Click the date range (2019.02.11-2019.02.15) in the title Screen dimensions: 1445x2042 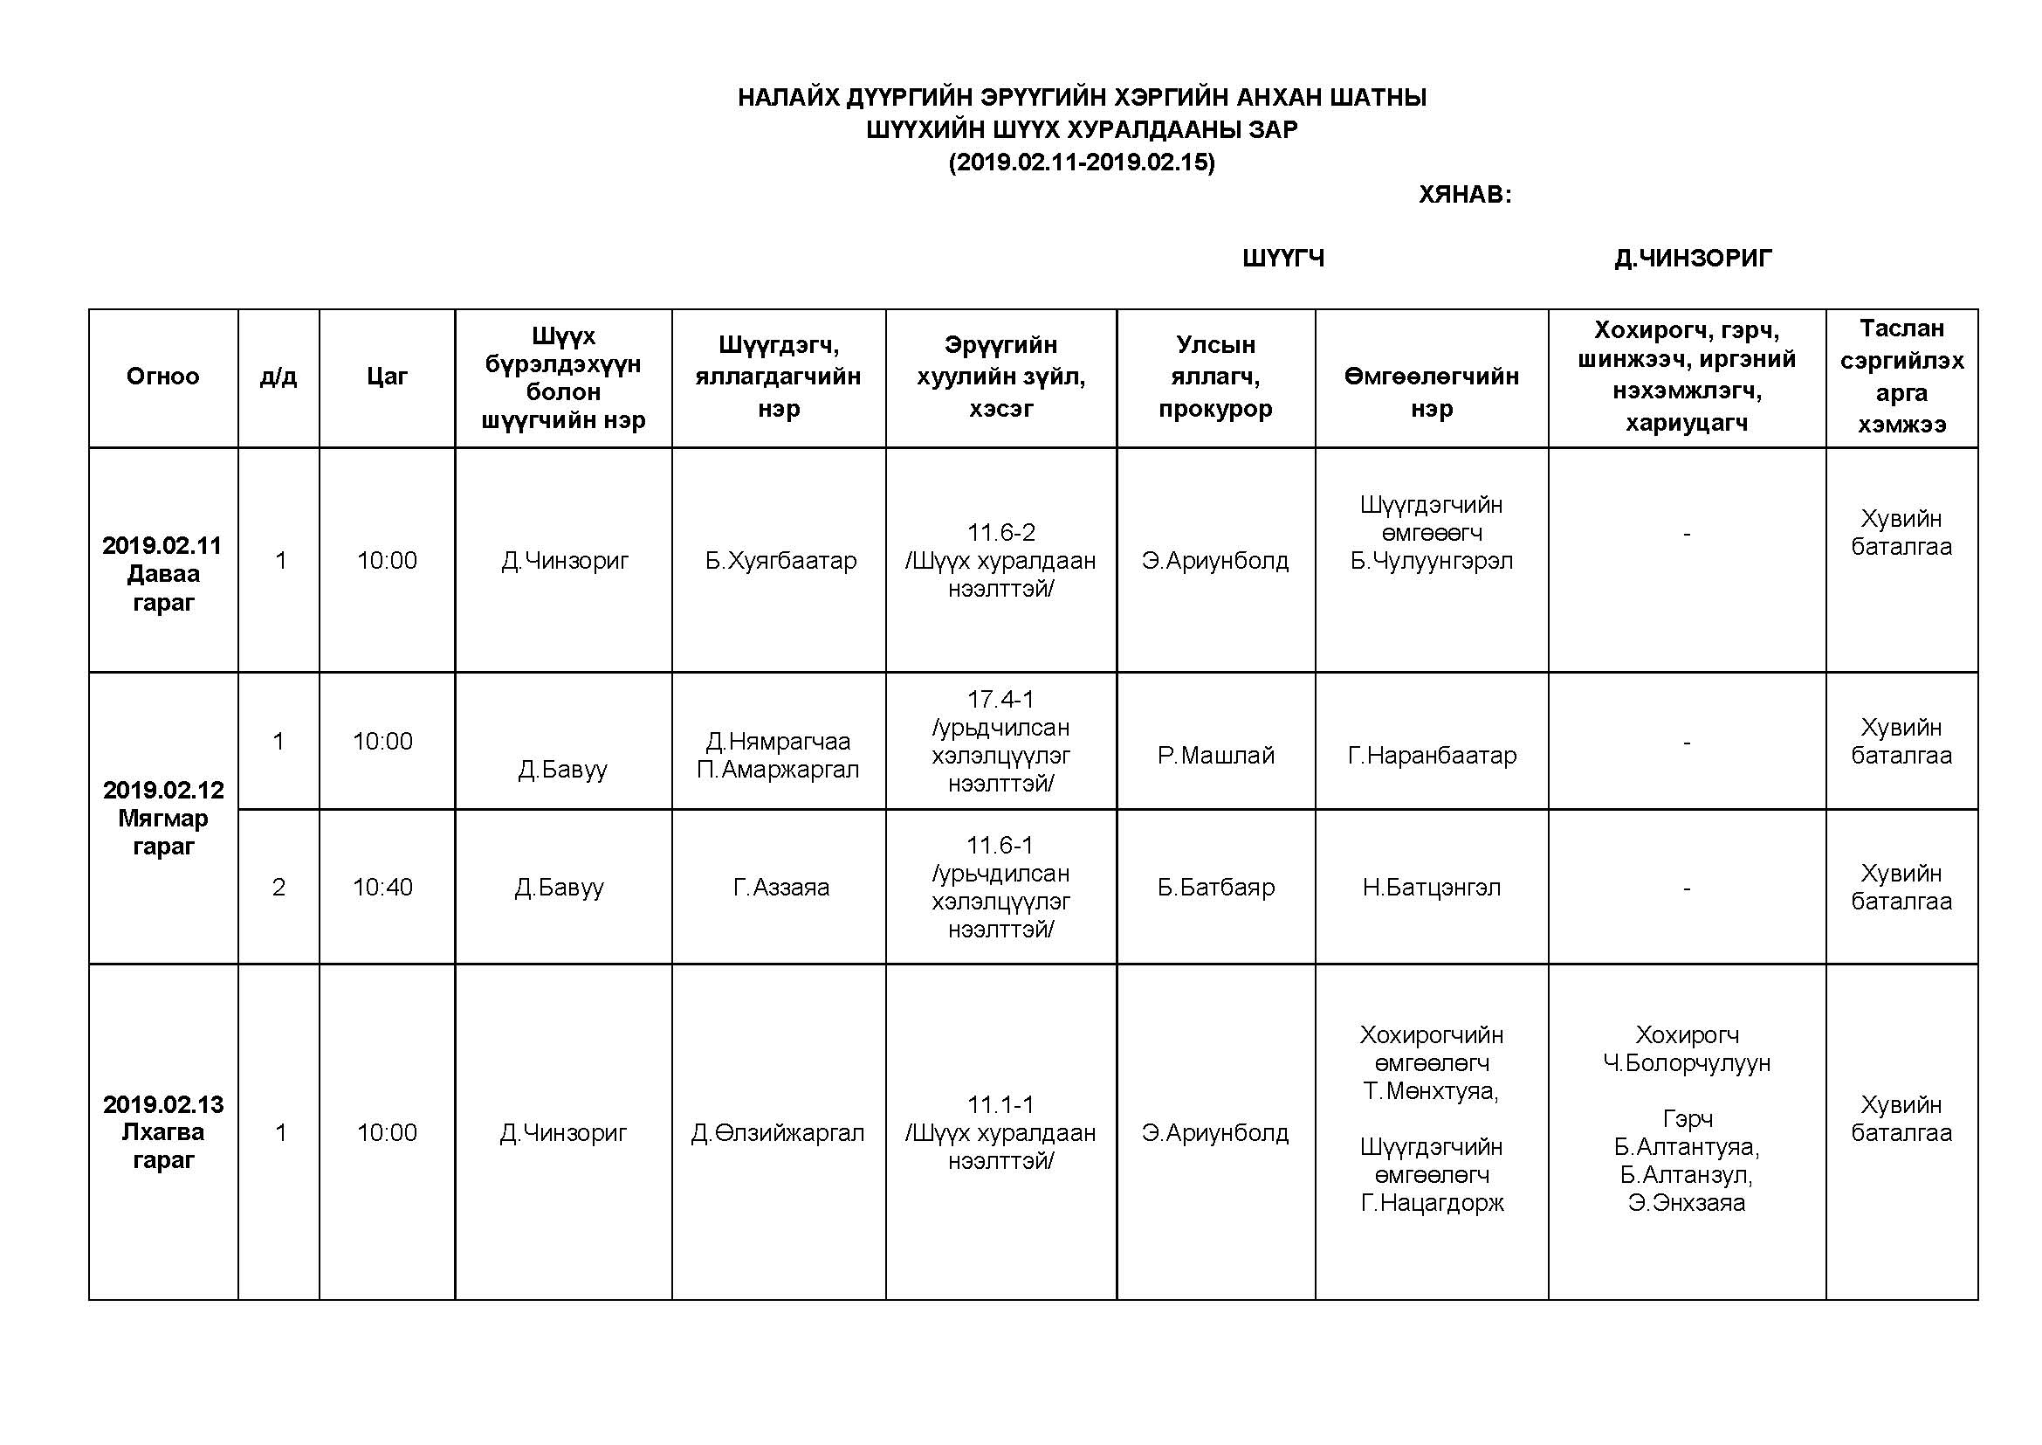1082,162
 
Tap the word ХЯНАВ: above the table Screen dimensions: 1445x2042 1465,195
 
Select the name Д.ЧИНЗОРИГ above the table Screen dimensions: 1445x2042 1693,259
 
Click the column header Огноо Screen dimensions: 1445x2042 162,377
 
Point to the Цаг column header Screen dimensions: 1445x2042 387,377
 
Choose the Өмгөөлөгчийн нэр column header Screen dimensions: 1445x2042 1431,391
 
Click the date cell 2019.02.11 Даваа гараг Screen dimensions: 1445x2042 162,573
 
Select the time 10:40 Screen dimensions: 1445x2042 382,887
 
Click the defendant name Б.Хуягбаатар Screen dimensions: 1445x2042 780,561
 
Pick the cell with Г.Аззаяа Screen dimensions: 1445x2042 780,887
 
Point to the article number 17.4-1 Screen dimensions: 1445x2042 1000,700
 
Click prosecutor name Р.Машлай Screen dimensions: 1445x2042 1216,756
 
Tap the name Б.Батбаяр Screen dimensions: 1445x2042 1216,887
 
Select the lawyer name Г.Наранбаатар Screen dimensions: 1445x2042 1432,756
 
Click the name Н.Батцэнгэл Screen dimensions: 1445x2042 1432,887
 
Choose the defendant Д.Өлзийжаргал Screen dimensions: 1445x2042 778,1133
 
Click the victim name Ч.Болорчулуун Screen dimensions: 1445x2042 1687,1063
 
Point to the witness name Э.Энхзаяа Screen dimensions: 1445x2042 1687,1203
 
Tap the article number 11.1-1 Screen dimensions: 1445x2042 1000,1105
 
